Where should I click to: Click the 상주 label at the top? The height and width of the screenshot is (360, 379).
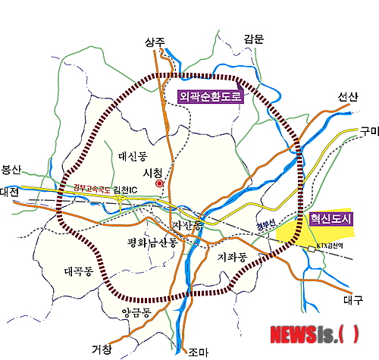pyautogui.click(x=154, y=42)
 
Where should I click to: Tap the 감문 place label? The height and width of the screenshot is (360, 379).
pyautogui.click(x=253, y=39)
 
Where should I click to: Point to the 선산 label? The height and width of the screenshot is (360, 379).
pyautogui.click(x=348, y=97)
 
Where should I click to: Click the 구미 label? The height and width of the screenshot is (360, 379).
pyautogui.click(x=369, y=130)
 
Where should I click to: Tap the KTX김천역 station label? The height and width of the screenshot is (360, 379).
pyautogui.click(x=334, y=247)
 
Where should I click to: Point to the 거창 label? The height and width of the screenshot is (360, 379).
pyautogui.click(x=101, y=349)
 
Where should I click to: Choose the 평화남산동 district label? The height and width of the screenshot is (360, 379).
pyautogui.click(x=152, y=243)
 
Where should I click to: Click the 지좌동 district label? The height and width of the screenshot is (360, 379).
pyautogui.click(x=232, y=257)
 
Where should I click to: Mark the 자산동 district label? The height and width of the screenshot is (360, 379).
pyautogui.click(x=187, y=226)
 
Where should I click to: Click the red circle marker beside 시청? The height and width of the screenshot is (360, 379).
pyautogui.click(x=158, y=183)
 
